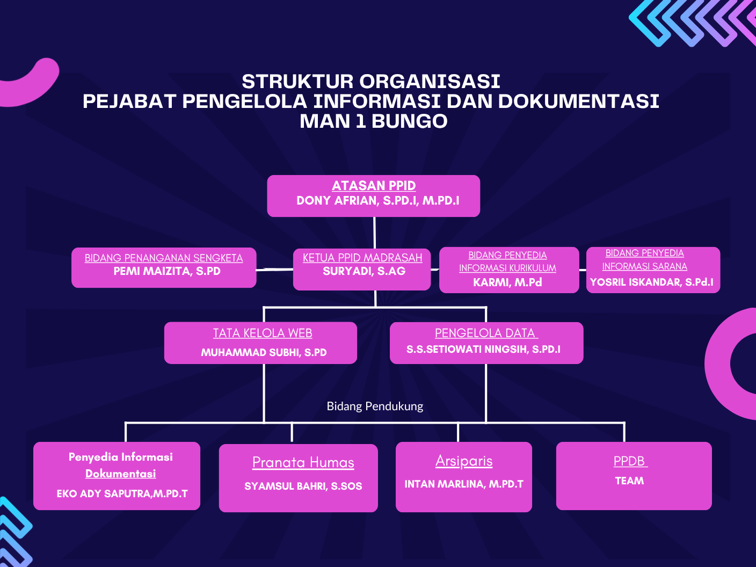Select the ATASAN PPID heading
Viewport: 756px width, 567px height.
374,186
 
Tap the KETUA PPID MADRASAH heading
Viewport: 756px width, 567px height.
362,258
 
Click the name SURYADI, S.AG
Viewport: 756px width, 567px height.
364,271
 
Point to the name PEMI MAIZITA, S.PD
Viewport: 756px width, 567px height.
167,271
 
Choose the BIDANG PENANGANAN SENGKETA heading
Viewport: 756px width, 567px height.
164,258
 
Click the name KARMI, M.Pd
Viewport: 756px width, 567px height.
507,282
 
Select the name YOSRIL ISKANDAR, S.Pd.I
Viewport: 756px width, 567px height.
651,282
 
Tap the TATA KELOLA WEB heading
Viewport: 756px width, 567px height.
263,333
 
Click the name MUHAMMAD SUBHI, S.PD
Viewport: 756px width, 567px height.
264,353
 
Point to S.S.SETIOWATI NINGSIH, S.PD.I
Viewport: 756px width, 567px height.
483,350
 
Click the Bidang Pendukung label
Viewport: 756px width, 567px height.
375,406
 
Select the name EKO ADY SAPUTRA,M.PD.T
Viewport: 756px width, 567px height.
122,493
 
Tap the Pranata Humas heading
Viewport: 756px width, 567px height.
303,462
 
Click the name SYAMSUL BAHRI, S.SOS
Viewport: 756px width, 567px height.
303,486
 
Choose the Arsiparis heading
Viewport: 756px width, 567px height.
464,461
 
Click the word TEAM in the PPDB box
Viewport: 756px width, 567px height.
629,481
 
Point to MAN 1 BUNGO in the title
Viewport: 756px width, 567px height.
373,121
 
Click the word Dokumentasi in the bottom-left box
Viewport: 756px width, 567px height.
121,474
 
